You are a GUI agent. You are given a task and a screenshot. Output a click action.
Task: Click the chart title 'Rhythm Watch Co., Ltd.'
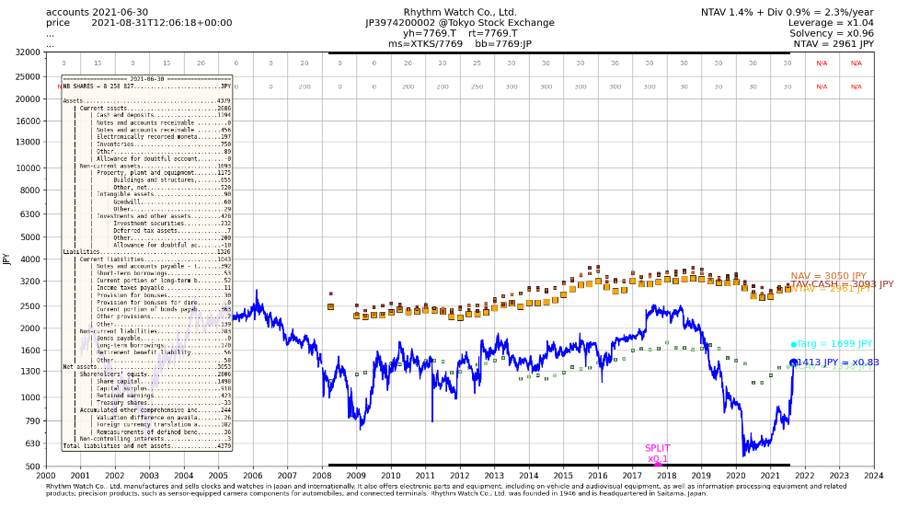pos(459,12)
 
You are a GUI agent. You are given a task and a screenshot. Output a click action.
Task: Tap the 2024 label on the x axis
pos(873,476)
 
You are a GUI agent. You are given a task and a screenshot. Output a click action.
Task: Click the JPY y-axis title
pos(7,259)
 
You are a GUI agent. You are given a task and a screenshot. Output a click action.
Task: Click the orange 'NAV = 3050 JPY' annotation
pos(828,276)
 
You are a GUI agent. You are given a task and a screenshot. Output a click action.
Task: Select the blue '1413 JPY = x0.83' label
pos(838,363)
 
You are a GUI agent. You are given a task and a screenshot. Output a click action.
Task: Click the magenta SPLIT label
pos(657,448)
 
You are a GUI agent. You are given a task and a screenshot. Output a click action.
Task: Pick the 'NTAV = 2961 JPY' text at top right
pos(833,43)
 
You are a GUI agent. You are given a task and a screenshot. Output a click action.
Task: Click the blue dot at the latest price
pos(793,363)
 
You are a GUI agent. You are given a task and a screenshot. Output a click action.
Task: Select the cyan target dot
pos(793,344)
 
